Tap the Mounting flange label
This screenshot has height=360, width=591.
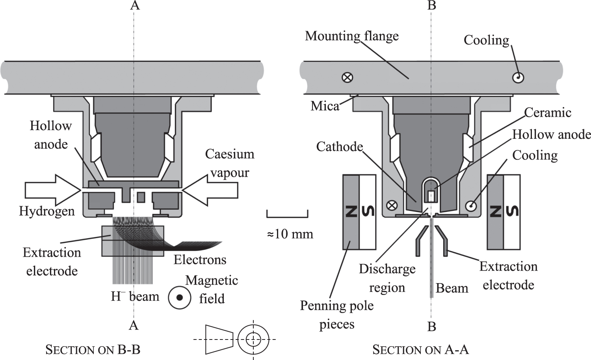(x=351, y=36)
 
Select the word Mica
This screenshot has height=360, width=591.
(x=325, y=106)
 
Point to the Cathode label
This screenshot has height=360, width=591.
(x=339, y=147)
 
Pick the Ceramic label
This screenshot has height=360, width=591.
(x=547, y=112)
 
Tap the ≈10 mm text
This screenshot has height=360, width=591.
(x=290, y=234)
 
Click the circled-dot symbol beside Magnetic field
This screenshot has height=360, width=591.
(x=179, y=297)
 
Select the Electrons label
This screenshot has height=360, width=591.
(x=200, y=259)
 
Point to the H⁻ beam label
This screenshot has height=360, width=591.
(x=135, y=296)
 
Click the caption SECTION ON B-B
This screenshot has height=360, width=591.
(x=93, y=349)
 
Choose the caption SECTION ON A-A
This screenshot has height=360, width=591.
(x=420, y=349)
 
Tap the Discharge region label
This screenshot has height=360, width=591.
(x=387, y=278)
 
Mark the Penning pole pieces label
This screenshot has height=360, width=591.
(x=336, y=315)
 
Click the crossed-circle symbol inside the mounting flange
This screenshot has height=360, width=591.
(x=347, y=77)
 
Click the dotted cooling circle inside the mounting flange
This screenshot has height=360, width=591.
(x=518, y=78)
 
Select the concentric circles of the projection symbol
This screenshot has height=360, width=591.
(x=253, y=339)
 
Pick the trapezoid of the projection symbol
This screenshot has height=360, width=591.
(x=219, y=339)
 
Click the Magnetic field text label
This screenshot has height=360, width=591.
(x=212, y=289)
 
